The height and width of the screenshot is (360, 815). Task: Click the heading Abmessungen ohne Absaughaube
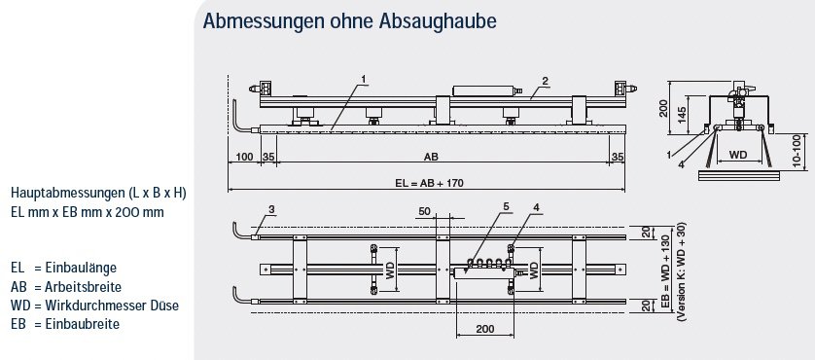click(349, 21)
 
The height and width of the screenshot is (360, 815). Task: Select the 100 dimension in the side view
click(244, 156)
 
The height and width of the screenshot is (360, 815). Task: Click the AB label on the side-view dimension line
click(431, 156)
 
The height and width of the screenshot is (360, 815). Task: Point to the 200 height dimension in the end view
click(663, 108)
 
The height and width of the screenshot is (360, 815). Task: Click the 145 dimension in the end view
click(682, 113)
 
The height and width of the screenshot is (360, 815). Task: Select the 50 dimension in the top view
click(425, 212)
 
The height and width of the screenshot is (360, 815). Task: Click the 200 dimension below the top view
click(484, 329)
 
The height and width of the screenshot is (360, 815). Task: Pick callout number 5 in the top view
click(506, 206)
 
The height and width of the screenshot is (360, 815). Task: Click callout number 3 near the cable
click(271, 209)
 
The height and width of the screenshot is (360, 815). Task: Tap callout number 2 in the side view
click(545, 81)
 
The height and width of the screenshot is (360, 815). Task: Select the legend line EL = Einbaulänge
click(63, 268)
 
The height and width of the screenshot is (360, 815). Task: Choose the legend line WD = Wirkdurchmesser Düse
click(94, 305)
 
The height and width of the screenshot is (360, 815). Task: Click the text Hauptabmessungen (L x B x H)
click(98, 194)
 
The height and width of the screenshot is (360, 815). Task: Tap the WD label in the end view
click(737, 155)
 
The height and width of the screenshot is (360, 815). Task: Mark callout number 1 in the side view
click(364, 79)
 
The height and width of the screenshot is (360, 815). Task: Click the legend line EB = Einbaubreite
click(65, 324)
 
